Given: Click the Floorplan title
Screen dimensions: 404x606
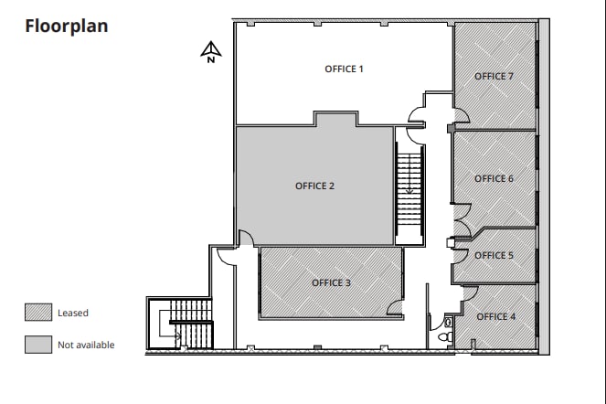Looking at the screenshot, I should pos(66,26).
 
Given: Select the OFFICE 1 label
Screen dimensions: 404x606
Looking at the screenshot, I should pos(345,69).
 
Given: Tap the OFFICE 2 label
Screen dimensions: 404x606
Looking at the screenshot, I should pos(314,186).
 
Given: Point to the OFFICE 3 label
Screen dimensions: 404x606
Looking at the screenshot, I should pos(331,282).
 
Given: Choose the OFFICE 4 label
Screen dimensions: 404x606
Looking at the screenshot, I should pos(496,316).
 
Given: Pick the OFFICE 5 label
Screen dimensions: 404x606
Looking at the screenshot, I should pos(494,255).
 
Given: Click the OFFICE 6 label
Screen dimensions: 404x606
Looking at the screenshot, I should pos(494,178).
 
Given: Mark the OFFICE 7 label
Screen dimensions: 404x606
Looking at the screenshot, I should pos(494,76).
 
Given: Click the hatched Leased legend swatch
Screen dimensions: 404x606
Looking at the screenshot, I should pos(37,313).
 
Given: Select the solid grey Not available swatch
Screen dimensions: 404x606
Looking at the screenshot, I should pos(37,345).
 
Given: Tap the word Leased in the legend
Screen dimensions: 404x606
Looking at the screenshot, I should pos(73,314).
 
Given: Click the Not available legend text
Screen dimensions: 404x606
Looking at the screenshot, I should pos(86,346).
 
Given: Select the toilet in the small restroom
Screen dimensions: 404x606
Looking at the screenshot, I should pos(445,335).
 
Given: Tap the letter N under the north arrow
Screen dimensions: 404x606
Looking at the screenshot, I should pos(210,60).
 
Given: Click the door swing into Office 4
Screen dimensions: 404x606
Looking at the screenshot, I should pos(468,292).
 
